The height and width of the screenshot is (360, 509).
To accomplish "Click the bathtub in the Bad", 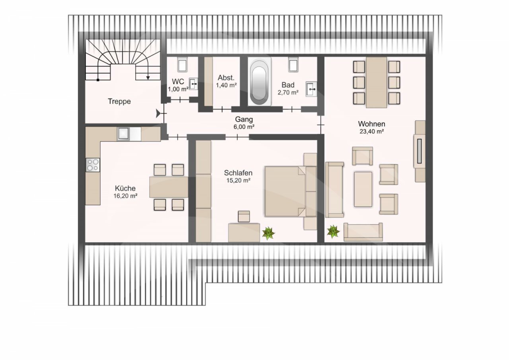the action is [x=259, y=81].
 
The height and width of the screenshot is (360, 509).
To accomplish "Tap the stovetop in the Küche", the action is [x=93, y=165].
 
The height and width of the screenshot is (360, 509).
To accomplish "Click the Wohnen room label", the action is [x=371, y=124].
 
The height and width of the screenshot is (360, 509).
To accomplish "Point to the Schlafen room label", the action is [x=238, y=173].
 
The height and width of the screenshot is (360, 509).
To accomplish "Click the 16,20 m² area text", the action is [x=125, y=196].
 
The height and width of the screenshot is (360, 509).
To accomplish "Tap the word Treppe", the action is [x=119, y=101].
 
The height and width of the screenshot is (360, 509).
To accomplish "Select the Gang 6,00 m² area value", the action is [x=244, y=127].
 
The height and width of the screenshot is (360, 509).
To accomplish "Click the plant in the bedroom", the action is [x=268, y=234].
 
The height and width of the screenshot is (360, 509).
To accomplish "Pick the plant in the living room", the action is [x=333, y=232].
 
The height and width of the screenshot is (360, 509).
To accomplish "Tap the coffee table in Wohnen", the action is [x=363, y=189].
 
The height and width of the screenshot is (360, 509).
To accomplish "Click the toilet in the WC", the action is [x=182, y=64].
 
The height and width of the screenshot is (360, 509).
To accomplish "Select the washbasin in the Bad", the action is [x=311, y=89].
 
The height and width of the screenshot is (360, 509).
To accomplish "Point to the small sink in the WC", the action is [x=193, y=84].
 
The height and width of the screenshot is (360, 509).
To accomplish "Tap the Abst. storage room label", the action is [x=226, y=78].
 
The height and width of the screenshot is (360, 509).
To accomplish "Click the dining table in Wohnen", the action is [x=376, y=82].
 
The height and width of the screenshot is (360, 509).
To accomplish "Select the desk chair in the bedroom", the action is [x=244, y=216].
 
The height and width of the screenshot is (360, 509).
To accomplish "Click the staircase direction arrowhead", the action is [x=148, y=78].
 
